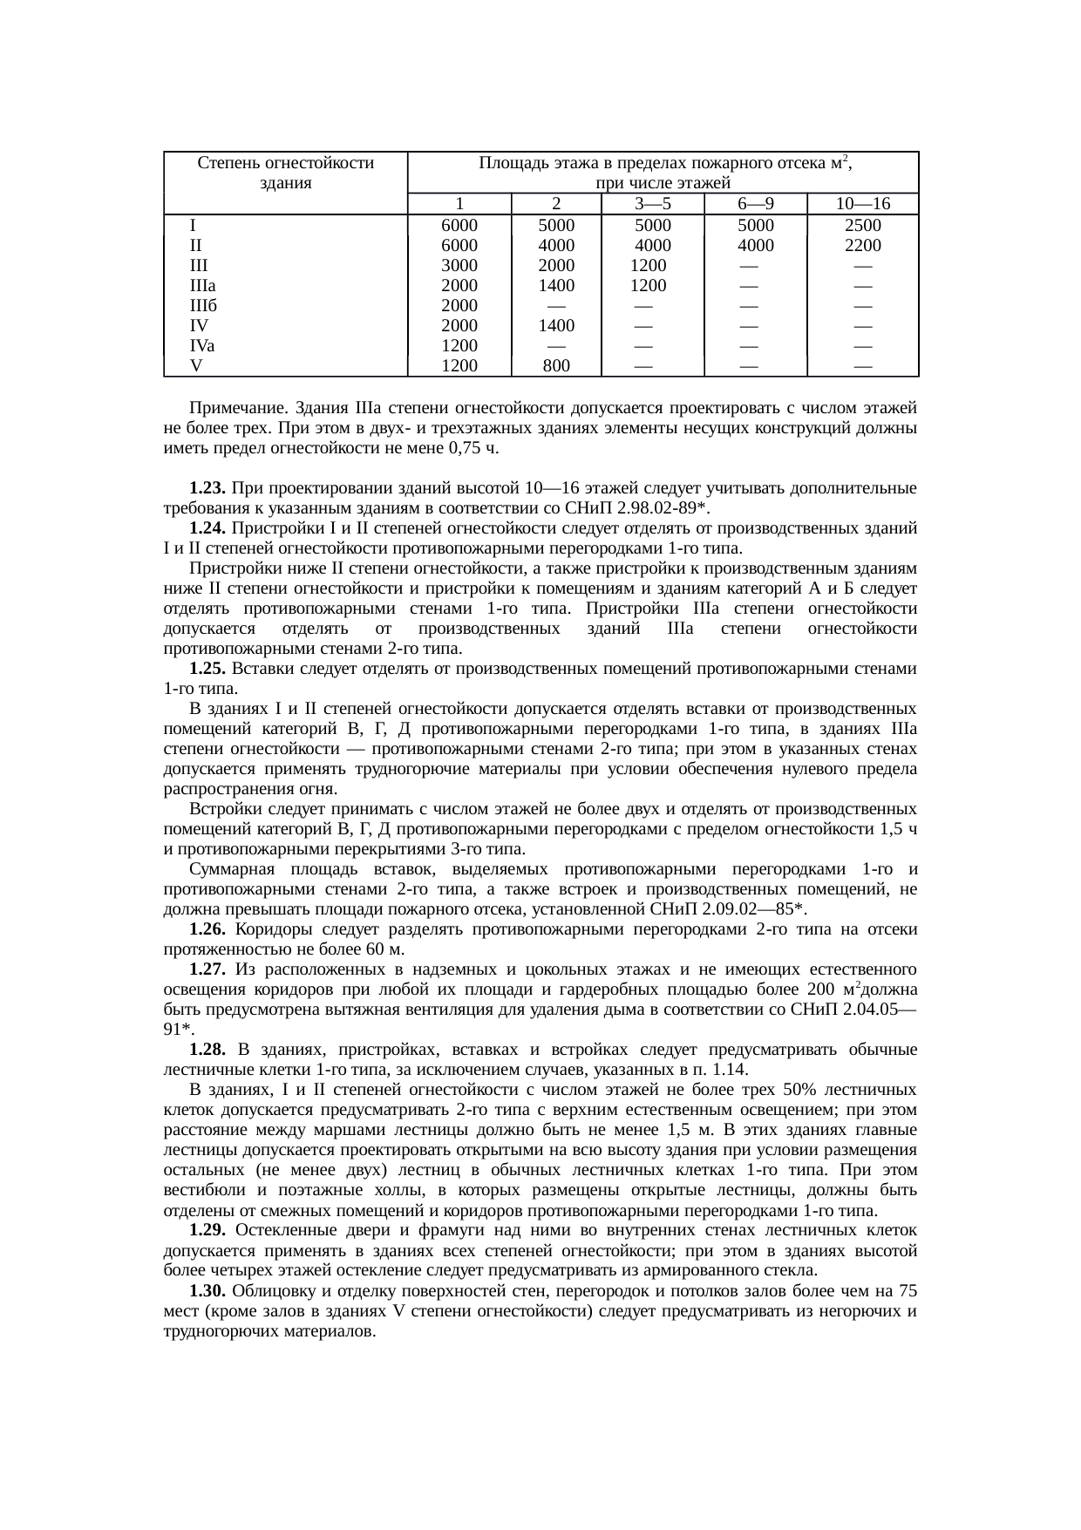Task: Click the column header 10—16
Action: coord(862,204)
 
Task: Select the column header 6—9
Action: coord(755,204)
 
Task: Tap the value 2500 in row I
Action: coord(862,225)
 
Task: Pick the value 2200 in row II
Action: coord(862,245)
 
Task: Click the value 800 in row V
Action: coord(555,366)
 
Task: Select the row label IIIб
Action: coord(203,306)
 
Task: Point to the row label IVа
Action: coord(202,346)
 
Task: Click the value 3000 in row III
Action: coord(459,265)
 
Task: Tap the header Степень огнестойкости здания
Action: coord(286,173)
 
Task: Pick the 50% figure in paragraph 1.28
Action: coord(799,1090)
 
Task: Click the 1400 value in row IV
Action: coord(555,326)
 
